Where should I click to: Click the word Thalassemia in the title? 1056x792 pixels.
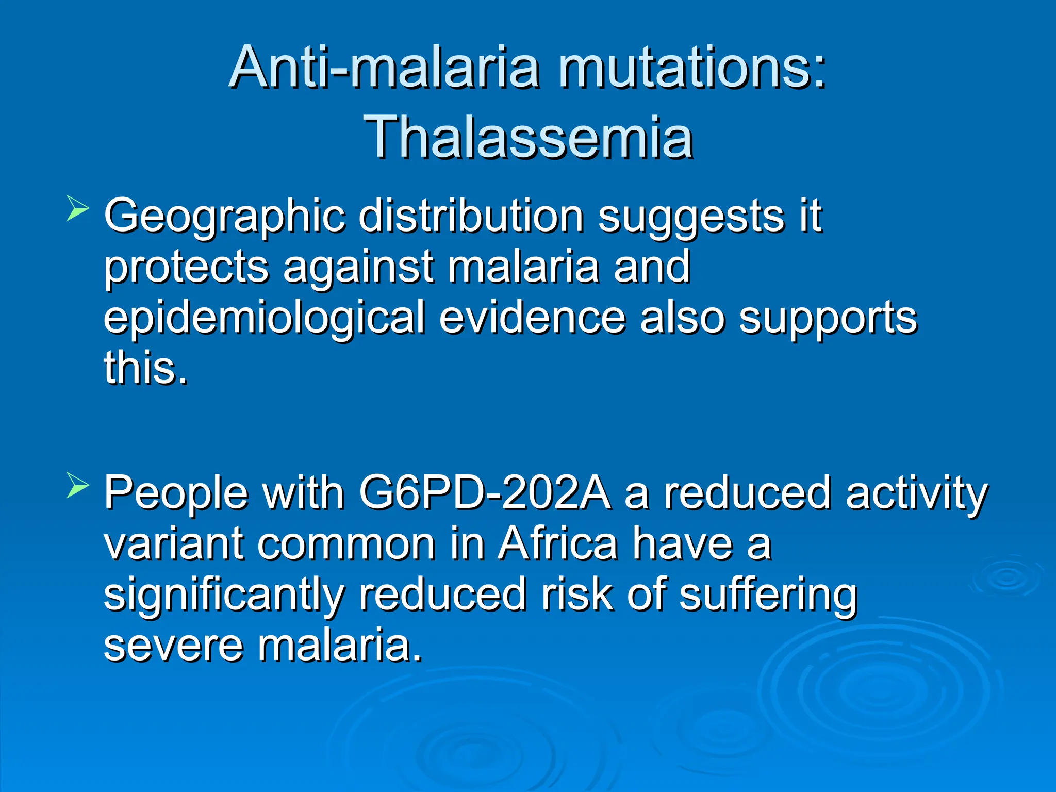click(x=528, y=137)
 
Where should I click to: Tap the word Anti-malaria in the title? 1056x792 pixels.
click(x=384, y=68)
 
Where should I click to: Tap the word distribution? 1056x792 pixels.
click(x=471, y=216)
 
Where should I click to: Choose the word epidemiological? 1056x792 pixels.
click(x=265, y=319)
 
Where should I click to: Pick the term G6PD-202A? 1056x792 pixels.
click(x=485, y=492)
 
